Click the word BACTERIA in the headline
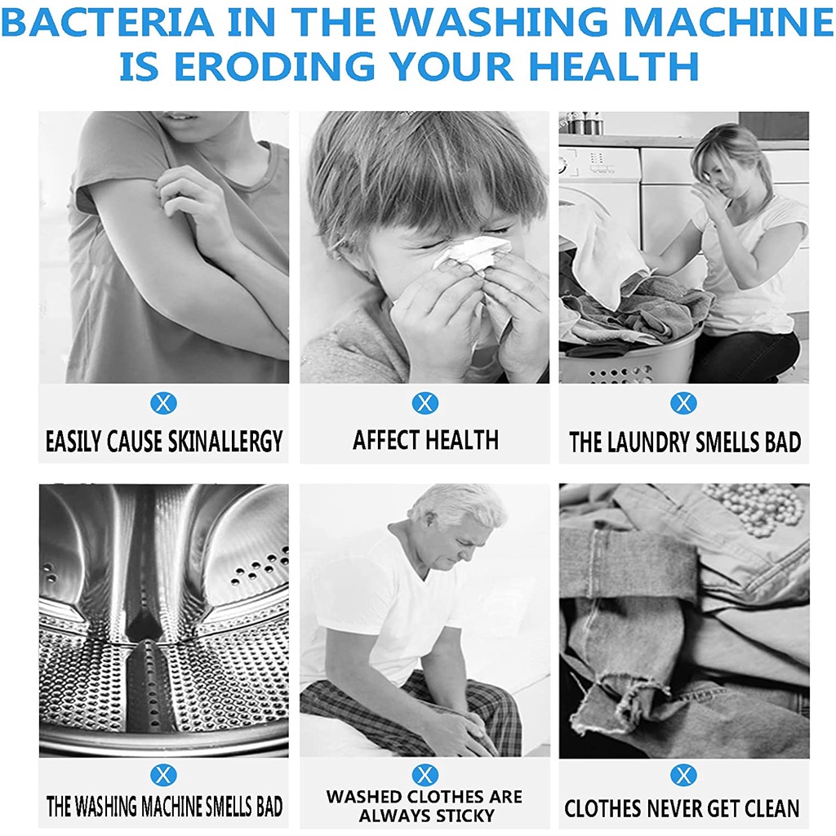pos(109,22)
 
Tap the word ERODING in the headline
pos(274,66)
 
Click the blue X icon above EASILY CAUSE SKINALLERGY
pos(163,403)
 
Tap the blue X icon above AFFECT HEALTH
pos(425,403)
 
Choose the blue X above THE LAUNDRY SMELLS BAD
pos(683,403)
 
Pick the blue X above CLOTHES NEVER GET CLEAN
pos(683,775)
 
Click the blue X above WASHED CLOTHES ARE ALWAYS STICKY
pos(425,775)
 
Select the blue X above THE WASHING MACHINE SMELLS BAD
pos(163,775)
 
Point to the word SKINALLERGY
pos(225,442)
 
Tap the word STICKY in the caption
pos(465,816)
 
